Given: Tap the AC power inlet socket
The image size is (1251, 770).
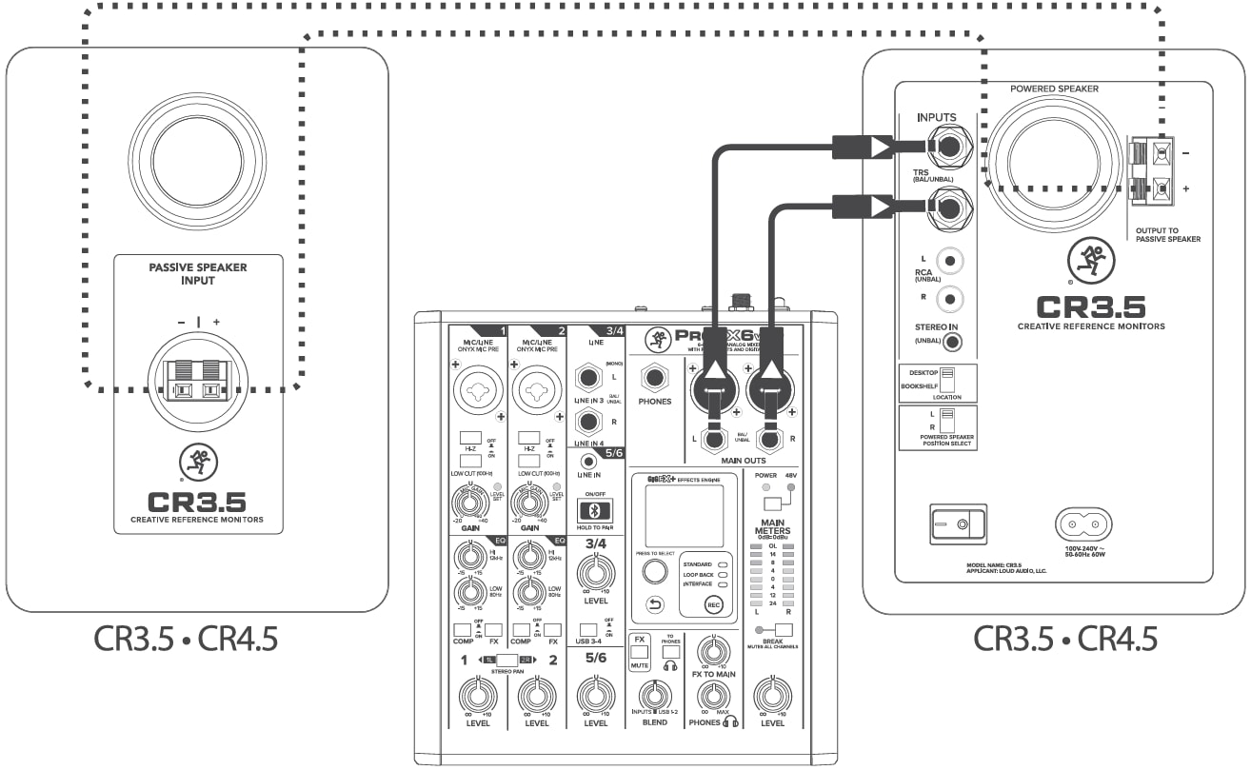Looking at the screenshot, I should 1083,523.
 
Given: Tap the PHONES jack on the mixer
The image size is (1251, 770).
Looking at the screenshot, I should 655,379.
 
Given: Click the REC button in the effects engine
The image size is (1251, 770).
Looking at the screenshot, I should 713,604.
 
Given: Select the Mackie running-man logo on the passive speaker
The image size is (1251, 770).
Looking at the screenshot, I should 197,464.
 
